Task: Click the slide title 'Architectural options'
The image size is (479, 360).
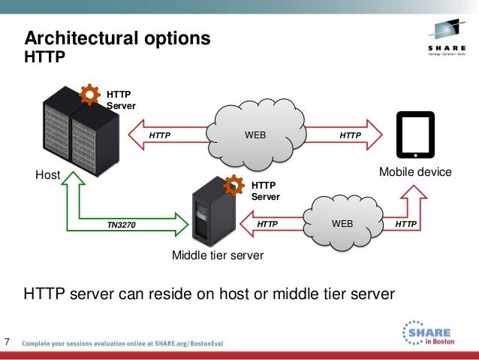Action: [x=117, y=38]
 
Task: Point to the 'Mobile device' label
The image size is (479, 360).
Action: [x=415, y=172]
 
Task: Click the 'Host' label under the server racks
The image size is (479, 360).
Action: [x=47, y=175]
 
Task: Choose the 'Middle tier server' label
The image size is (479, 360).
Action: [x=218, y=256]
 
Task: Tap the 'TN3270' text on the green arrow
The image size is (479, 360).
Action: [x=121, y=225]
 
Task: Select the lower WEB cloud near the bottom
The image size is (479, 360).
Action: [x=342, y=223]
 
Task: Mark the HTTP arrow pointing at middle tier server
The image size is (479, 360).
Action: [x=267, y=224]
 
